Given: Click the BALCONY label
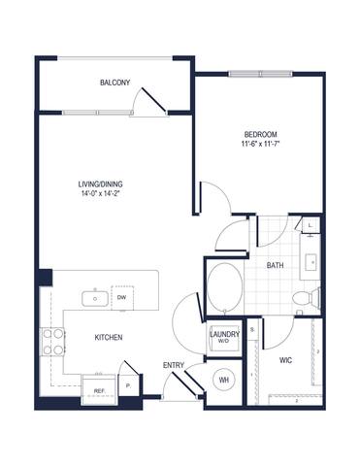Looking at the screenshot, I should click(x=115, y=83).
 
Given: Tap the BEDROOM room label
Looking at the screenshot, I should click(x=260, y=133).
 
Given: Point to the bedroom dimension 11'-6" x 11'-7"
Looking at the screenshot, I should click(x=260, y=145).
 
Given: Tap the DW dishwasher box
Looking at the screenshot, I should click(x=122, y=298).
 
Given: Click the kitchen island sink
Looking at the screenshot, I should click(x=95, y=298).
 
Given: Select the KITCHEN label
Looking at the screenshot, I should click(x=107, y=338).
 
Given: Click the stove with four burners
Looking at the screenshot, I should click(x=51, y=341).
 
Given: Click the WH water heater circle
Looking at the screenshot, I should click(x=223, y=380).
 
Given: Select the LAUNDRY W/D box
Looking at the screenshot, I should click(x=222, y=337).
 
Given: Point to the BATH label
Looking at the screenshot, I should click(x=275, y=264).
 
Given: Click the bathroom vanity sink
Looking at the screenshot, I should click(x=313, y=262).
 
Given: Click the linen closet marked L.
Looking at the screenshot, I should click(x=310, y=226).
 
